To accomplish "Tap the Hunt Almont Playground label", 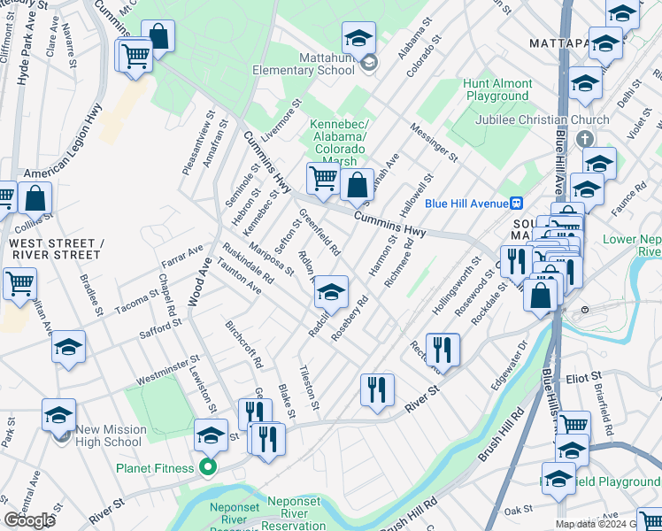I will (x=497, y=89).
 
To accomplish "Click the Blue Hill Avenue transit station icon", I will (x=519, y=202).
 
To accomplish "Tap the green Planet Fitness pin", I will (x=209, y=468).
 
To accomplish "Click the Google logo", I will (x=29, y=520).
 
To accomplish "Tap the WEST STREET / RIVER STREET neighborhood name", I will (x=50, y=249).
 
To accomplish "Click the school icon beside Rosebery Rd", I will (x=331, y=291).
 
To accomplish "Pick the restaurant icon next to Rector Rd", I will (x=442, y=349).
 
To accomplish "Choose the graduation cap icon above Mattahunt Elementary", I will (x=358, y=37).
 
